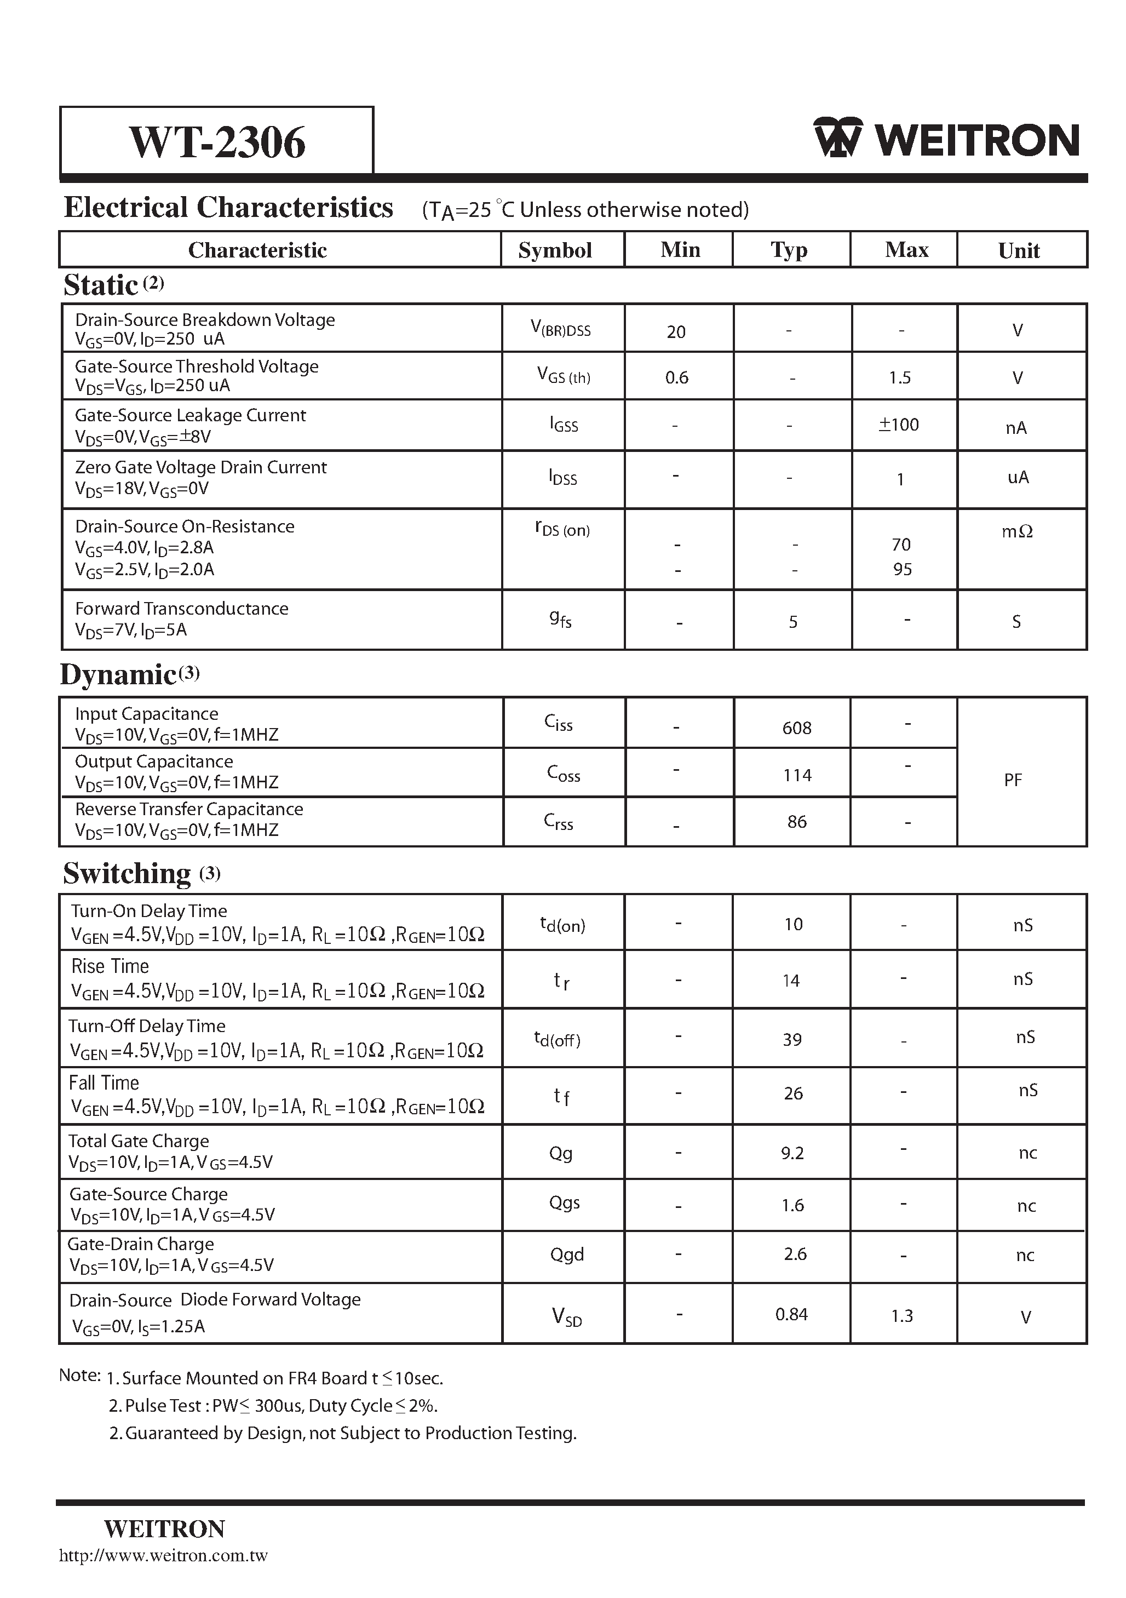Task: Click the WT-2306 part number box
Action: point(216,141)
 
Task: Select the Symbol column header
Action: point(555,250)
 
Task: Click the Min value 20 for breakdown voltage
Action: point(676,332)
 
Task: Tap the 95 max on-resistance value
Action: point(902,569)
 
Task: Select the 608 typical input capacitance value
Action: point(796,728)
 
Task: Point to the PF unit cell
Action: point(1013,780)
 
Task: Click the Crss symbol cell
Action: point(558,822)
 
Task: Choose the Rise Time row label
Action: point(110,966)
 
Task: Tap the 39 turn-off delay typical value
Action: point(792,1039)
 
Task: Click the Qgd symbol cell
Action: point(566,1253)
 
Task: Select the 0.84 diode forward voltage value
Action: point(791,1314)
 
